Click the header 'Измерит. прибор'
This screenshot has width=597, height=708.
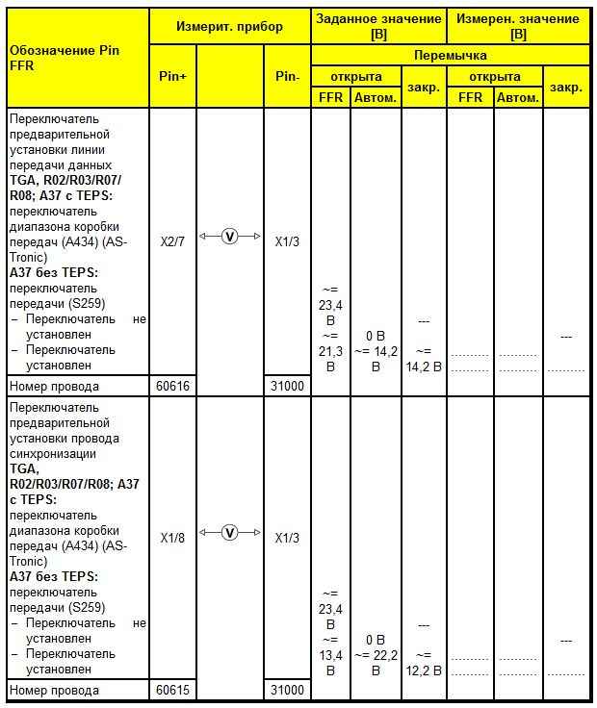tap(229, 27)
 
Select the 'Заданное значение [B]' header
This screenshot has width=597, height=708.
tap(378, 26)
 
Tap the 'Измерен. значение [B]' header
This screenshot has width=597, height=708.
tap(518, 26)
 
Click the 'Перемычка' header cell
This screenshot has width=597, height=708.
tap(450, 56)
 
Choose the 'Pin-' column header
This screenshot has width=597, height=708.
tap(287, 76)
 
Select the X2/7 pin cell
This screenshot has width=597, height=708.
tap(172, 241)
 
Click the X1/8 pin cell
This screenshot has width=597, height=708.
tap(172, 538)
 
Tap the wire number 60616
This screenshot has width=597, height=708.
tap(172, 387)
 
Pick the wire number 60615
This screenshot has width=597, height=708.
tap(172, 690)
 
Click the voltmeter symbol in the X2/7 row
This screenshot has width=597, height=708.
tap(229, 237)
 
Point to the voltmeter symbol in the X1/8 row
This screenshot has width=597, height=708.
tap(229, 532)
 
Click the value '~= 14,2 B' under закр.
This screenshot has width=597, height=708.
tap(424, 358)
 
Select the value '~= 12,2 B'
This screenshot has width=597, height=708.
tap(424, 662)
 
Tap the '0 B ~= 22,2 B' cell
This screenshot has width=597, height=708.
tap(376, 654)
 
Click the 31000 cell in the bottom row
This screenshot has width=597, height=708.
tap(287, 690)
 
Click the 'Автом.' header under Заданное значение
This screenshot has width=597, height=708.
tap(376, 97)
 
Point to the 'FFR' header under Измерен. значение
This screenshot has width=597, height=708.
tap(470, 97)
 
